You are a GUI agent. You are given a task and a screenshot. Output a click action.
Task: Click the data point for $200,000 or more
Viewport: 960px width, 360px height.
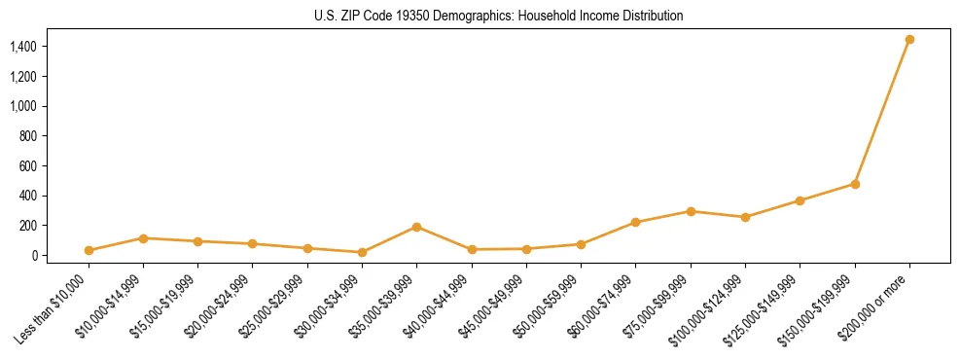tap(909, 40)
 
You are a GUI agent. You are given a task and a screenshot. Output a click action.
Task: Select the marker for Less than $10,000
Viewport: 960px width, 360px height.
tap(89, 250)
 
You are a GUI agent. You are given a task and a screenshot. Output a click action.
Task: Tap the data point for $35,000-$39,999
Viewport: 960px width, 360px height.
tap(416, 227)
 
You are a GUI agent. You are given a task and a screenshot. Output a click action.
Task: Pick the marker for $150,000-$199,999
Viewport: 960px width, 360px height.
tap(855, 184)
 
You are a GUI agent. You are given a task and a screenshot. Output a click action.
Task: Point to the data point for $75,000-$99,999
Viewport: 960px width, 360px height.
tap(691, 211)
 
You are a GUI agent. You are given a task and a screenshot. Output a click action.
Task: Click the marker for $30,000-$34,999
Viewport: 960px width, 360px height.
tap(362, 252)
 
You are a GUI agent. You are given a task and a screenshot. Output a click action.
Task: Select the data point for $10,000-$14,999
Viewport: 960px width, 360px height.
tap(143, 238)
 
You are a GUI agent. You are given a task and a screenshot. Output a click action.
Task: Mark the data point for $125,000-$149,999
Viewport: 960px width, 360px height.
tap(800, 200)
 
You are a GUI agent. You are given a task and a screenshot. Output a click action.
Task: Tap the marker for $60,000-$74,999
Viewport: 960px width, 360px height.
tap(635, 223)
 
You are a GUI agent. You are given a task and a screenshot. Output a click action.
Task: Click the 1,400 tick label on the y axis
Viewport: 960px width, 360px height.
tap(22, 47)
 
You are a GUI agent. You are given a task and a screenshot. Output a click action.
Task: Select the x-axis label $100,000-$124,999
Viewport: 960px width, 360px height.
tap(707, 309)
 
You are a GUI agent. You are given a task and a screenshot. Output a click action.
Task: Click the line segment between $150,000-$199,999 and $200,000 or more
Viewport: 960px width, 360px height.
tap(882, 112)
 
